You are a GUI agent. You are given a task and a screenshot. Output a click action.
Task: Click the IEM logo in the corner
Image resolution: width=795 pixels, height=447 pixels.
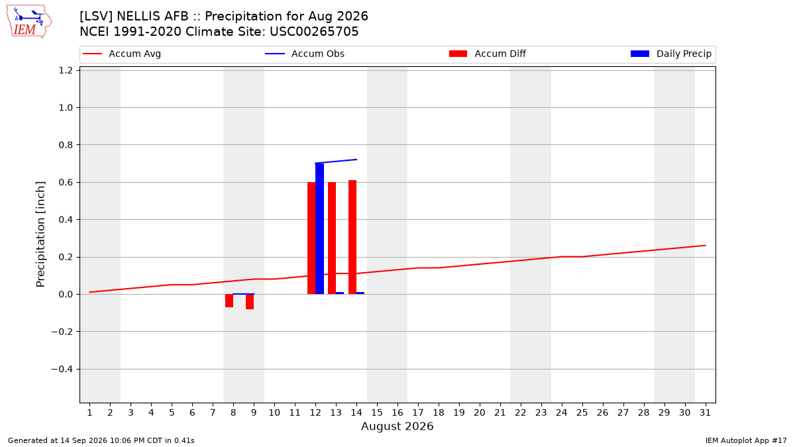tap(28, 22)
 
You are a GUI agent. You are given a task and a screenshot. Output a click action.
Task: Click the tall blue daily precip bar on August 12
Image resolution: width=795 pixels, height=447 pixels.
tap(319, 228)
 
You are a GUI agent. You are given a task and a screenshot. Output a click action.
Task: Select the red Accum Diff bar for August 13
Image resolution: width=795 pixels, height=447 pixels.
tap(332, 238)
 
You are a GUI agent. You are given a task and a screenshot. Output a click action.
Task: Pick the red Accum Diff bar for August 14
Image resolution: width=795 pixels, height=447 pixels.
tap(352, 237)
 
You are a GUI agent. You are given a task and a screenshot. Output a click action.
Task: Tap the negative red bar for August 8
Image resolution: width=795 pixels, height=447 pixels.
tap(229, 301)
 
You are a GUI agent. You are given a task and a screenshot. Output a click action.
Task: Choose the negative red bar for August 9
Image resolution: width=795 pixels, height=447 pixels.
tap(250, 301)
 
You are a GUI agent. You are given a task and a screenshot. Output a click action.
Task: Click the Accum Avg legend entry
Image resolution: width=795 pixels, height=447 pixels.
tap(122, 54)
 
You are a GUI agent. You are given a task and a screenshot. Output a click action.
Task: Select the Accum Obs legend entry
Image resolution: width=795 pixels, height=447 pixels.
tap(305, 54)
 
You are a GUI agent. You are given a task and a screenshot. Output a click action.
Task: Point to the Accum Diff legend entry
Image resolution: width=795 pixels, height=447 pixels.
tap(488, 54)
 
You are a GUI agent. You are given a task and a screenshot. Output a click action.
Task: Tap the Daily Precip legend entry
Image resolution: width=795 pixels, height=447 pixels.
tap(670, 54)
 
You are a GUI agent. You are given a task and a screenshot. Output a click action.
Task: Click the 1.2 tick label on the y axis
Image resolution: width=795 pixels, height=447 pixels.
tap(66, 70)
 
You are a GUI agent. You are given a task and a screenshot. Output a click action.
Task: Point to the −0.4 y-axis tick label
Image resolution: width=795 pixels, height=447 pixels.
tap(62, 370)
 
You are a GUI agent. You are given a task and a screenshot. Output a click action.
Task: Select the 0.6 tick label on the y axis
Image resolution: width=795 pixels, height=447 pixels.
tap(66, 182)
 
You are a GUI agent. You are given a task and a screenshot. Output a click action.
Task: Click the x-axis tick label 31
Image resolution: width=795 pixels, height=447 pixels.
tap(705, 413)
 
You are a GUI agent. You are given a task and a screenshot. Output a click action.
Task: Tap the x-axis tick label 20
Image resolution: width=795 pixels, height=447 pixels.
tap(480, 413)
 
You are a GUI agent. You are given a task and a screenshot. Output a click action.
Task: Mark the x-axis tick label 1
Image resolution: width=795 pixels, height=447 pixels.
tap(90, 413)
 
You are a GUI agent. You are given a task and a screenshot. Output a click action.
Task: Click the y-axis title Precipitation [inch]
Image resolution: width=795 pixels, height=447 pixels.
tap(40, 234)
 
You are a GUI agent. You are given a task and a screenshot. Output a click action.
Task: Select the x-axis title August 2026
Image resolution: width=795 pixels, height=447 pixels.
tap(397, 426)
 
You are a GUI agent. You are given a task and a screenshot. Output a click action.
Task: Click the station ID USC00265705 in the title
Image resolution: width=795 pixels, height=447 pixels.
tap(314, 32)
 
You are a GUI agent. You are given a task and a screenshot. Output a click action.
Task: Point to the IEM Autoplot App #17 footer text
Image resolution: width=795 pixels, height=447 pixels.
tap(746, 440)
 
